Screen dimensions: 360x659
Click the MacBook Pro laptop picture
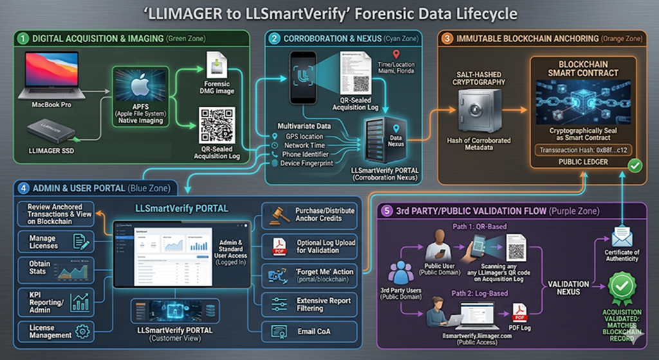(51, 75)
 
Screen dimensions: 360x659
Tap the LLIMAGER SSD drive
(51, 129)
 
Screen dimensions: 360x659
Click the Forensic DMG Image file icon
(217, 67)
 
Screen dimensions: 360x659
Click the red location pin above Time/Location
(395, 55)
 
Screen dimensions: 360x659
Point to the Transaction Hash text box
(583, 150)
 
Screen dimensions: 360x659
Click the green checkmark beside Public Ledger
(635, 166)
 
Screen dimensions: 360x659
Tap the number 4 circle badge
(24, 188)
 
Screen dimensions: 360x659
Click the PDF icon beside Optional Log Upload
(279, 245)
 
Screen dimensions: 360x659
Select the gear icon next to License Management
(82, 331)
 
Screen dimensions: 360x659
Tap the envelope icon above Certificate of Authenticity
(622, 236)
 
